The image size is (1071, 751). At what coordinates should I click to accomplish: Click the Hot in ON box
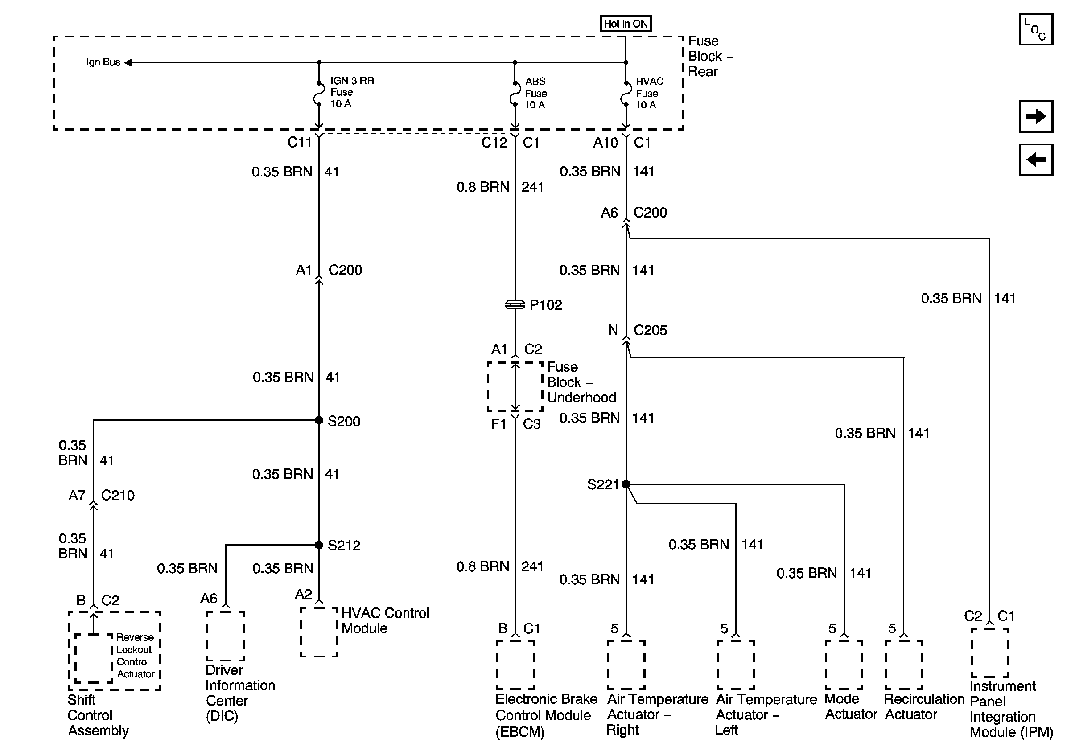point(625,23)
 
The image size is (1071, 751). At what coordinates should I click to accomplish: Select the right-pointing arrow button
point(1035,116)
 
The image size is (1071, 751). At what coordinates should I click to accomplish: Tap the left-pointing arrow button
point(1035,160)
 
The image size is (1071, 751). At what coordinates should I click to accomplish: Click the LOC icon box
point(1035,29)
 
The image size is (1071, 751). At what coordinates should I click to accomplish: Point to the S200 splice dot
point(319,420)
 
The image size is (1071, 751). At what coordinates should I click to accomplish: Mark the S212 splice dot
point(319,545)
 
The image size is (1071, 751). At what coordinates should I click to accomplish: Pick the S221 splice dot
point(626,484)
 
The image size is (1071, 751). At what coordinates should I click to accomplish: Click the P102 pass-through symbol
point(515,304)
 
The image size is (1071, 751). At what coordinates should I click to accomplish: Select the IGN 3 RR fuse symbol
point(319,94)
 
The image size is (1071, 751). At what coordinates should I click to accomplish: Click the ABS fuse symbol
point(515,94)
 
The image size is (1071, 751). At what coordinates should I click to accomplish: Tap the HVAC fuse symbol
point(626,94)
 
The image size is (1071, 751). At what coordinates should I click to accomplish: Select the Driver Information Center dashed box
point(226,636)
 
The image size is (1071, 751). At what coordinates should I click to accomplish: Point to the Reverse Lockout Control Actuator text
point(135,656)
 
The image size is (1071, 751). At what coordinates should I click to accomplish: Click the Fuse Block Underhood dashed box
point(515,386)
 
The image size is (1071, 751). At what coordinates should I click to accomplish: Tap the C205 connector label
point(650,330)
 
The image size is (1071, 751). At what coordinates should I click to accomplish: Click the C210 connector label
point(118,495)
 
